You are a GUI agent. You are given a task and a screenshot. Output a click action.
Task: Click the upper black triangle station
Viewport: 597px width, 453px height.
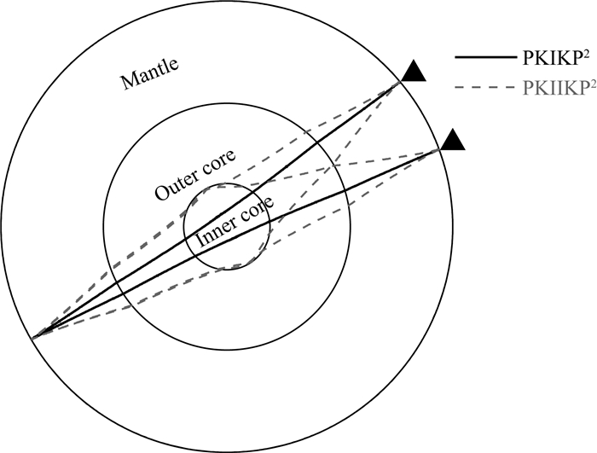pyautogui.click(x=415, y=72)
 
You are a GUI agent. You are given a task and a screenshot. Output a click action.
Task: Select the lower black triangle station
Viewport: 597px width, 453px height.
pyautogui.click(x=452, y=140)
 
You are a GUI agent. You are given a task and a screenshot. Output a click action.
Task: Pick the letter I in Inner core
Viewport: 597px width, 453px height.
pyautogui.click(x=200, y=241)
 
